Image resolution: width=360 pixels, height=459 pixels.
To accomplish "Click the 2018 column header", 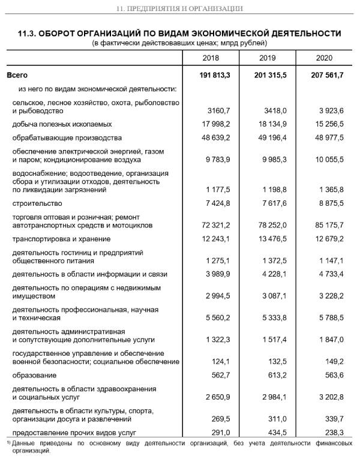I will click(x=211, y=58).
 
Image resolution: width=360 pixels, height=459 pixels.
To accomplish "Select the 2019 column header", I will click(x=268, y=58).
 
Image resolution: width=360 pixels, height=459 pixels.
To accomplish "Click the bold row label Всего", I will click(x=17, y=76).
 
